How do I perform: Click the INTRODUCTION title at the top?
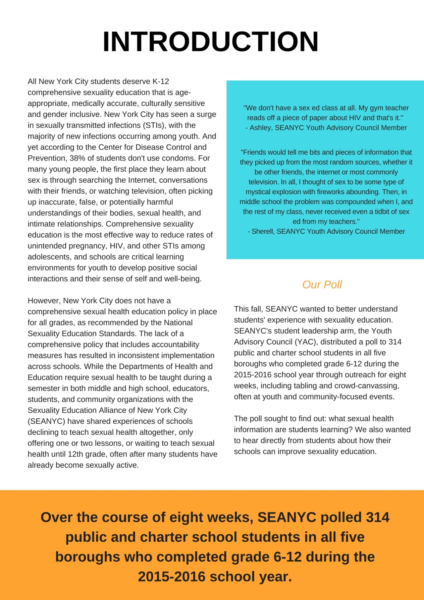[211, 41]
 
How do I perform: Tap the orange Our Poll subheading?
[322, 284]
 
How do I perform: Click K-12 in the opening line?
[161, 81]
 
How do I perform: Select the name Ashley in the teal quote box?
[260, 128]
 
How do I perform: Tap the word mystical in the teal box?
[258, 192]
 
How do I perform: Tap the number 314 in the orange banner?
[378, 517]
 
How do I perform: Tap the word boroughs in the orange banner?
[87, 557]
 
